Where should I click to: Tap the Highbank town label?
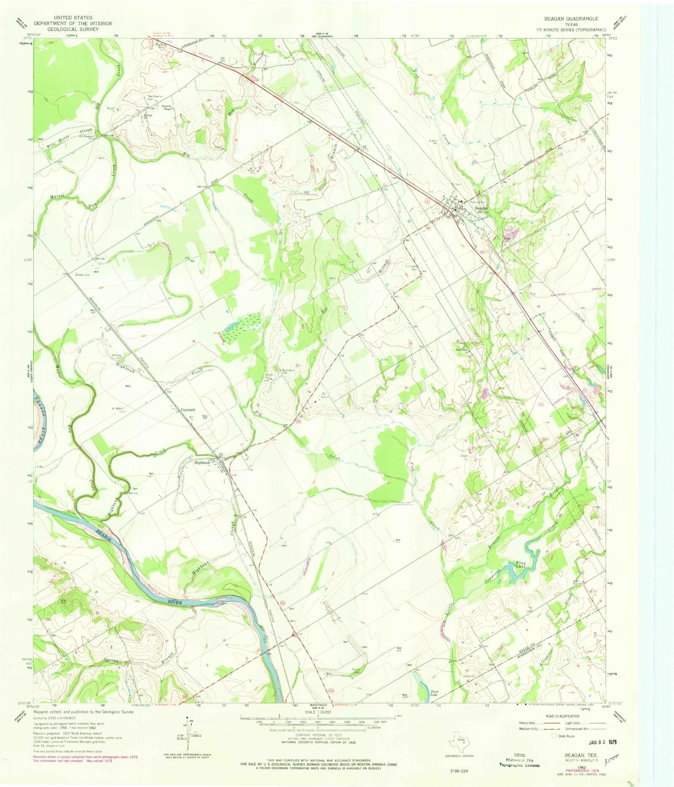coord(202,463)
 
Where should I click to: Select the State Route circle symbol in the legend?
coord(554,736)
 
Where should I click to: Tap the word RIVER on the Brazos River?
coord(174,603)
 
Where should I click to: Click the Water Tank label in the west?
coord(83,275)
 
